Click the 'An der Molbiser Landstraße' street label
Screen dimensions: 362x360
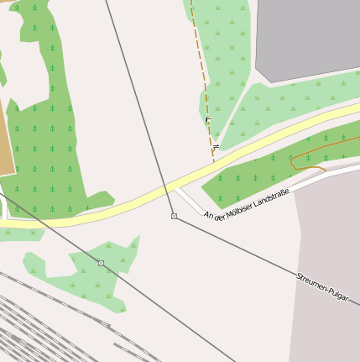(x=246, y=204)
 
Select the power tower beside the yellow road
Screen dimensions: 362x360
(x=174, y=217)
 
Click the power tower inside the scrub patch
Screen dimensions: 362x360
(x=101, y=264)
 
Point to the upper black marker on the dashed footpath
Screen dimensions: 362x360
(x=207, y=120)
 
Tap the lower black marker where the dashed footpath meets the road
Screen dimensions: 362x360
(x=216, y=148)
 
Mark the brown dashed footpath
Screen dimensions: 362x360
(x=201, y=67)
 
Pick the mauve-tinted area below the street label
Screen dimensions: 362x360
(x=327, y=235)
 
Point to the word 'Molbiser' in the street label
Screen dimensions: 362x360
(x=234, y=209)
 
